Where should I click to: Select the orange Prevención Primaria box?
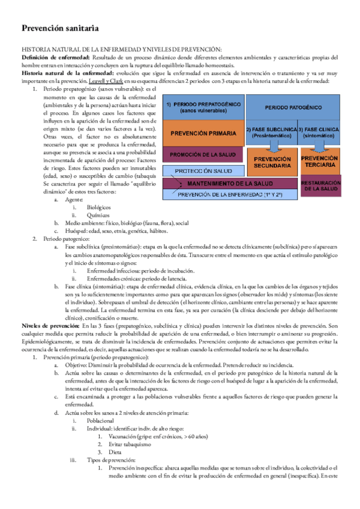pyautogui.click(x=203, y=133)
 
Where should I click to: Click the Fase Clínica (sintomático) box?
pyautogui.click(x=321, y=133)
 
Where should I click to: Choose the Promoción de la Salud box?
pyautogui.click(x=203, y=155)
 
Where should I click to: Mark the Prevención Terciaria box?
pyautogui.click(x=320, y=161)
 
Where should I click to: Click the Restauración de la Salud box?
pyautogui.click(x=320, y=185)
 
